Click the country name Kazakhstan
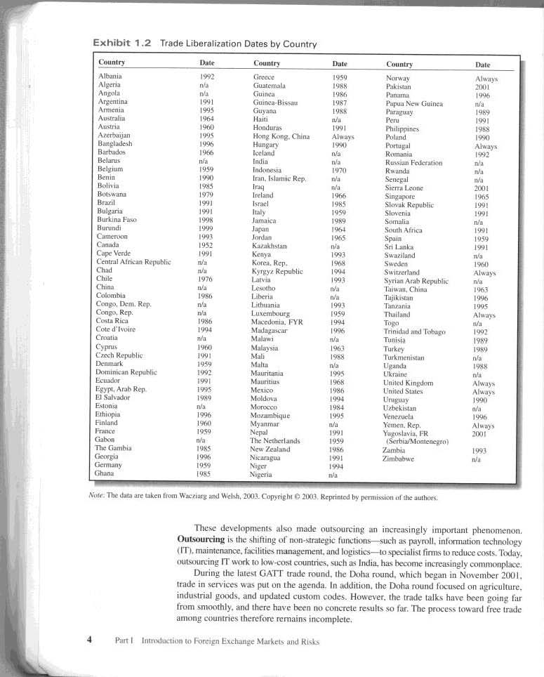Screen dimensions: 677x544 coord(270,245)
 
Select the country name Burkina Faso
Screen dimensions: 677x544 coord(116,220)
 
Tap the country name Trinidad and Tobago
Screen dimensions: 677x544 coord(415,332)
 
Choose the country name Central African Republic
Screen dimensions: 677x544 coord(133,261)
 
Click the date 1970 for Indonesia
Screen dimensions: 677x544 coord(339,170)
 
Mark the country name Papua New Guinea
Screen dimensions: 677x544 coord(414,104)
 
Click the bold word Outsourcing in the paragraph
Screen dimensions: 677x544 coord(204,539)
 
